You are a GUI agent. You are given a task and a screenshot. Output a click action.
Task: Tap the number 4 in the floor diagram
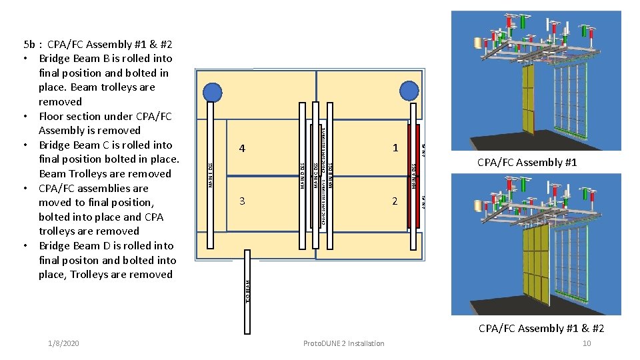pyautogui.click(x=242, y=148)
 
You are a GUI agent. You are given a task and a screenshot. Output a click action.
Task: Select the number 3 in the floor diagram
pyautogui.click(x=242, y=201)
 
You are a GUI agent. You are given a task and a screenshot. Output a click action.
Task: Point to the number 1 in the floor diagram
pyautogui.click(x=395, y=147)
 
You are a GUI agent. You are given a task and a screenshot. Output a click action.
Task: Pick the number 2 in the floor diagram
pyautogui.click(x=395, y=201)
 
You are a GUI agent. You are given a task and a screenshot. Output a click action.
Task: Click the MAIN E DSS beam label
pyautogui.click(x=211, y=175)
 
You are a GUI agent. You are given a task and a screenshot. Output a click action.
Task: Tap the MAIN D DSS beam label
pyautogui.click(x=302, y=175)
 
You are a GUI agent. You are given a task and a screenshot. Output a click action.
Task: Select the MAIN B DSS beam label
pyautogui.click(x=331, y=175)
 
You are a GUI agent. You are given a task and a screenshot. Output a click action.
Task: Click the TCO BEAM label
pyautogui.click(x=248, y=292)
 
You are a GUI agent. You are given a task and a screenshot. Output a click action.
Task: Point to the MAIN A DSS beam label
pyautogui.click(x=414, y=175)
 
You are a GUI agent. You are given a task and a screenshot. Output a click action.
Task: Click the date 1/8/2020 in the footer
pyautogui.click(x=63, y=343)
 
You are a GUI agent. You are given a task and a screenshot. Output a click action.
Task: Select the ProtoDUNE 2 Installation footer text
pyautogui.click(x=343, y=343)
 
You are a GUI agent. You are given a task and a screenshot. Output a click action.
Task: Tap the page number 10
pyautogui.click(x=587, y=343)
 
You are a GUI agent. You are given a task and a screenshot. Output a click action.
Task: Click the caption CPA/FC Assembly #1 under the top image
pyautogui.click(x=527, y=163)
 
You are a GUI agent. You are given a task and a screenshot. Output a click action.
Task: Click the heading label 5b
pyautogui.click(x=29, y=45)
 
